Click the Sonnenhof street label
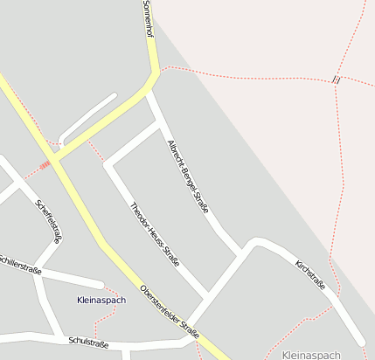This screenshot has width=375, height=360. pos(149,18)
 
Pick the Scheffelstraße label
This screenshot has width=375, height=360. pos(49,220)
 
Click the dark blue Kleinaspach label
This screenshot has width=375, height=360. pos(101,300)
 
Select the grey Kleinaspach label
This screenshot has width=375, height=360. pos(312,355)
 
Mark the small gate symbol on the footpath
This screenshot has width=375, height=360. pos(336,80)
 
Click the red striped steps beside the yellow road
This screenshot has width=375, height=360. pos(44,163)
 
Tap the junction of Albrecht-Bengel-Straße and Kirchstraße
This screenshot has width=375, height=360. pos(243,253)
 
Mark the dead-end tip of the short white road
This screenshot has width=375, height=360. pos(115,95)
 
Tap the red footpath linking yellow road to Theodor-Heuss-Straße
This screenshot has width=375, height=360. pos(96,150)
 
